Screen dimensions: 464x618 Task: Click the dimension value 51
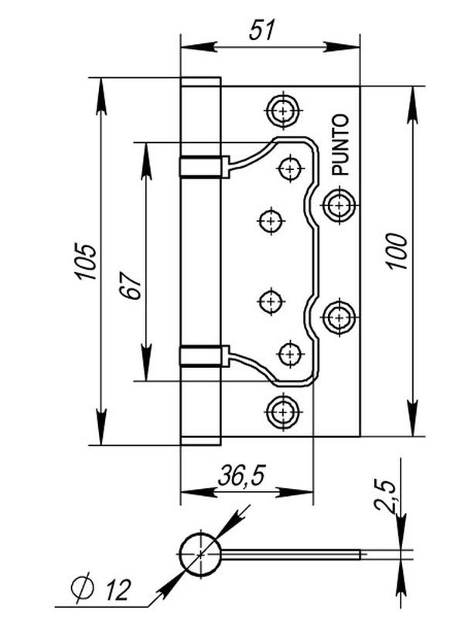point(261,29)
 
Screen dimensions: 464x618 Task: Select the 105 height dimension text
point(87,262)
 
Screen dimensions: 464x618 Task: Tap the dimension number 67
point(131,285)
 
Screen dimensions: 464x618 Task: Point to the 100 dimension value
point(397,252)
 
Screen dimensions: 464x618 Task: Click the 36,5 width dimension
point(241,476)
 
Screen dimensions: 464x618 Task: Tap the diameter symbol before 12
point(82,588)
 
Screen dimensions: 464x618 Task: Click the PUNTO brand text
point(340,144)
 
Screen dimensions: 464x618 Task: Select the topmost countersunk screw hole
point(283,110)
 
